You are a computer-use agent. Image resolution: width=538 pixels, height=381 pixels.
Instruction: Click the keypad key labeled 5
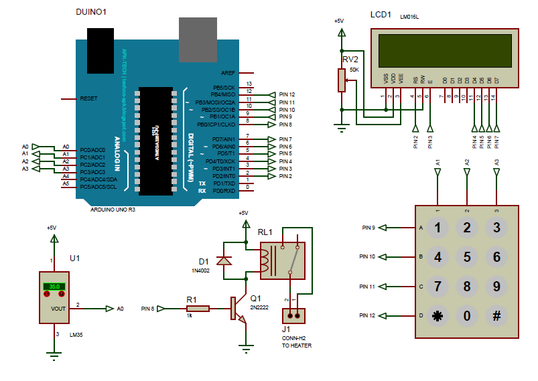[x=467, y=256]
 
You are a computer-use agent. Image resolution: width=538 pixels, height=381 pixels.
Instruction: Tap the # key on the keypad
[x=496, y=315]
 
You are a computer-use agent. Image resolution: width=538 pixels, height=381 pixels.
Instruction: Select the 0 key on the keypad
[x=467, y=315]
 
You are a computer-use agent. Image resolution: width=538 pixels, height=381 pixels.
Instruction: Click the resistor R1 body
[x=198, y=309]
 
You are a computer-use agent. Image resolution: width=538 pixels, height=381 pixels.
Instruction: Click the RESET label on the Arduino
[x=88, y=98]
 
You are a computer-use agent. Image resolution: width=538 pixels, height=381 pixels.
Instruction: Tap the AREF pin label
[x=228, y=72]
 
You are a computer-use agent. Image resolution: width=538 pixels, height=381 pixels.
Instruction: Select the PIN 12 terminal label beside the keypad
[x=366, y=315]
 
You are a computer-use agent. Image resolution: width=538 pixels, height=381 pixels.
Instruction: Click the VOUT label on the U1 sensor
[x=58, y=309]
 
